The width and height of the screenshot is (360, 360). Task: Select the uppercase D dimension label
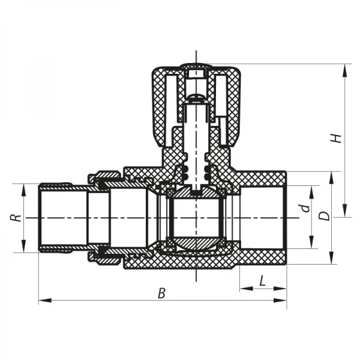pyautogui.click(x=325, y=215)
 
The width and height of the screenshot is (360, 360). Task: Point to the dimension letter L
pyautogui.click(x=263, y=280)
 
